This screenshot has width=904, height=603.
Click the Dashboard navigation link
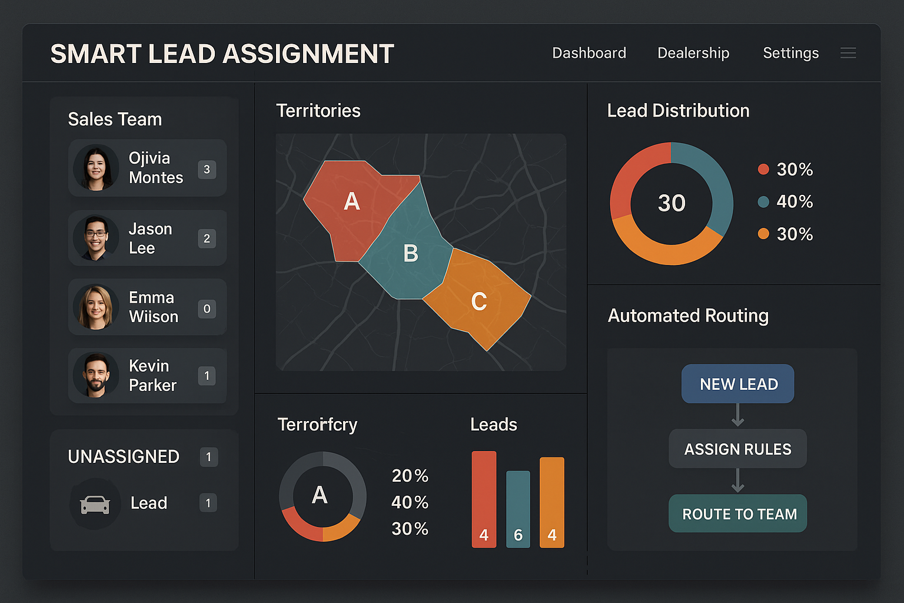point(589,53)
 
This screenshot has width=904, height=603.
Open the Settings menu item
point(790,53)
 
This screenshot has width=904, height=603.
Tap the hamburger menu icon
point(848,53)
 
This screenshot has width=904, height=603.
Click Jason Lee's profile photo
point(96,238)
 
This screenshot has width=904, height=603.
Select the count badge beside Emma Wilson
point(207,309)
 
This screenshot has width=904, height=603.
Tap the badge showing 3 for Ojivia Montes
point(207,170)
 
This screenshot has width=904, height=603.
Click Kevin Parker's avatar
point(96,375)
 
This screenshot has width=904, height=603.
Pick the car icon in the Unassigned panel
point(95,504)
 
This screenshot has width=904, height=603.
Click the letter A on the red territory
point(351,201)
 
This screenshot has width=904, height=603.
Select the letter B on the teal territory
point(410,253)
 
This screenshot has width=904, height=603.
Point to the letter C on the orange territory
point(478,301)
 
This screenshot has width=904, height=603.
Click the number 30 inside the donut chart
point(672,203)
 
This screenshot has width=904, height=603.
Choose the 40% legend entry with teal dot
point(786,201)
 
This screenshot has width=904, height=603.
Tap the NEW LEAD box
point(737,384)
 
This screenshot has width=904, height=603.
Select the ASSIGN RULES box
point(737,449)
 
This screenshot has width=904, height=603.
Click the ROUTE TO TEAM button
point(738,513)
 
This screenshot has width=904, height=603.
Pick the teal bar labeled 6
point(518,509)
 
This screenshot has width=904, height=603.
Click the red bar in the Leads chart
point(484,499)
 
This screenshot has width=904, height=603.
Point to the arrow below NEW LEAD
point(737,416)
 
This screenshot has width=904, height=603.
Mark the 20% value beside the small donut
point(410,475)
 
